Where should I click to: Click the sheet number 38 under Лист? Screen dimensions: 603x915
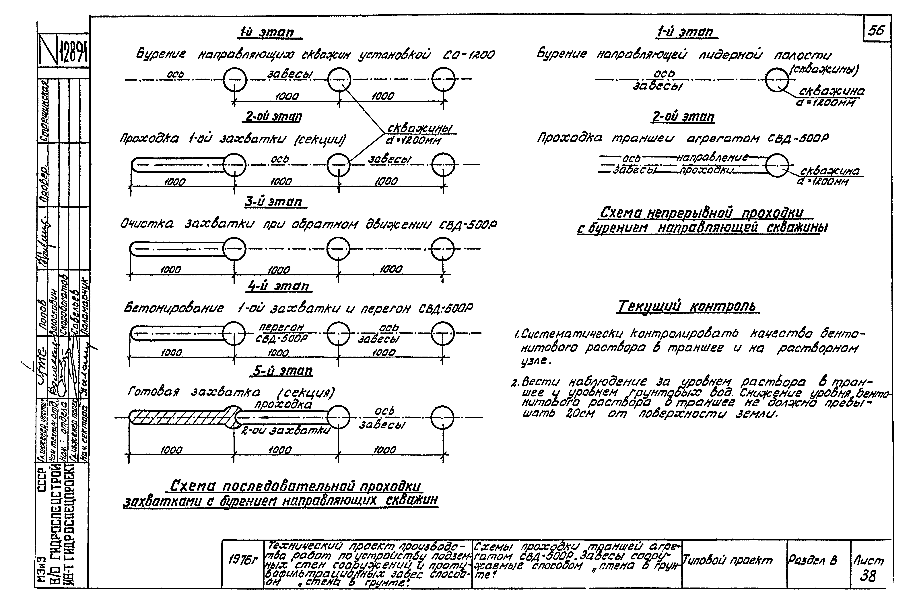(868, 576)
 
